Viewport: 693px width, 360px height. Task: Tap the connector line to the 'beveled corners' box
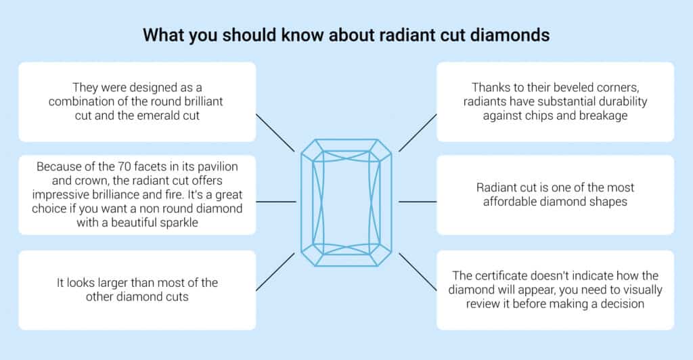point(417,132)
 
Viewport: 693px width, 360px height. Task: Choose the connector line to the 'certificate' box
point(417,271)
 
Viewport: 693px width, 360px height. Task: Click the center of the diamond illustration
point(346,202)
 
